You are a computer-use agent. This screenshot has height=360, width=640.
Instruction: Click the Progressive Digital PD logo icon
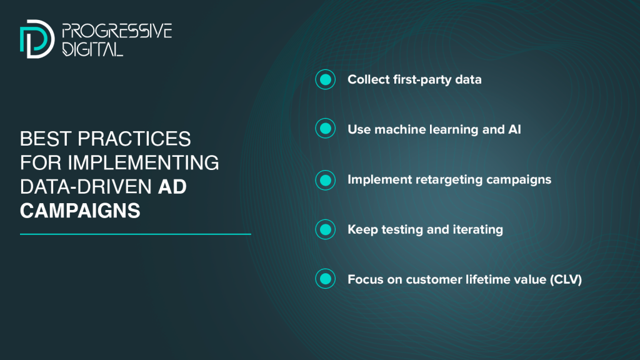(x=37, y=39)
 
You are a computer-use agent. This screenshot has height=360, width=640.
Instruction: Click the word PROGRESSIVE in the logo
(x=117, y=31)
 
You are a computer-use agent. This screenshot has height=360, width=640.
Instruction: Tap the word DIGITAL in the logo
(x=92, y=49)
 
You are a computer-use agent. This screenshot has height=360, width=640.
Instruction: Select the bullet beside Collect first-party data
(x=325, y=79)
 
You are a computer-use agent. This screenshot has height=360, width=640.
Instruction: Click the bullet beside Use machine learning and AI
(x=325, y=129)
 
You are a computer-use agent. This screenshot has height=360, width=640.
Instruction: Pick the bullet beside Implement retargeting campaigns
(x=325, y=180)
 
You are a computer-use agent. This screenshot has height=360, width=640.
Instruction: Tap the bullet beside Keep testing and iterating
(x=325, y=229)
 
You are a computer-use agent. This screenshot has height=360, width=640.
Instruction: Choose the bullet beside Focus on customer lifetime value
(x=325, y=279)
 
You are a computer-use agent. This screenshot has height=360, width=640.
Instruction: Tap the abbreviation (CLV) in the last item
(x=566, y=279)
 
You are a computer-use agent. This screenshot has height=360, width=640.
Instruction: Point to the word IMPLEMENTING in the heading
(x=143, y=162)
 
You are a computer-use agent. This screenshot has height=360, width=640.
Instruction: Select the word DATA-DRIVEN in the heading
(x=86, y=186)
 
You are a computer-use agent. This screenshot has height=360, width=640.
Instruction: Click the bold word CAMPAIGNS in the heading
(x=80, y=211)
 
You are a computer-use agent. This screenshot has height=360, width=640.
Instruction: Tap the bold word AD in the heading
(x=172, y=186)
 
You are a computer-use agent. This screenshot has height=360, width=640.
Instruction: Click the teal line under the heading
(x=136, y=234)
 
